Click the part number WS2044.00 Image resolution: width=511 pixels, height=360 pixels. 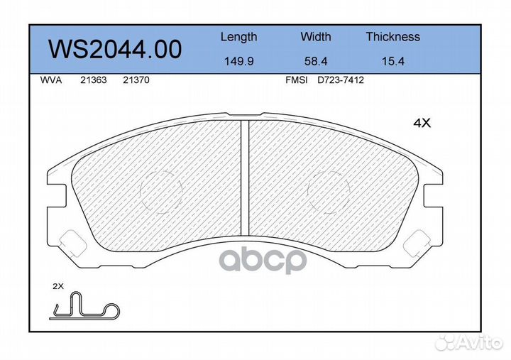point(115,49)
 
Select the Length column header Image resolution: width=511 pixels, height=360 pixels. point(239,37)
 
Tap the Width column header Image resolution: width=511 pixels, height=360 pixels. point(315,36)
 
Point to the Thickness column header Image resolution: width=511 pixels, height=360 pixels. point(392,36)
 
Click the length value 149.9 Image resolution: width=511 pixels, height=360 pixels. point(239,61)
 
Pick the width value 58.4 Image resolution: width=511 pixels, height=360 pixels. point(316,61)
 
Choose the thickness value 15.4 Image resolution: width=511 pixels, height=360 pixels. point(393,61)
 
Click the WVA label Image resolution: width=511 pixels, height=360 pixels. point(51,80)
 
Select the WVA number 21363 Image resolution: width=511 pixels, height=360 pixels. point(94,80)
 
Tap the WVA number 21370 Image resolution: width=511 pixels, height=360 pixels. point(136,80)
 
